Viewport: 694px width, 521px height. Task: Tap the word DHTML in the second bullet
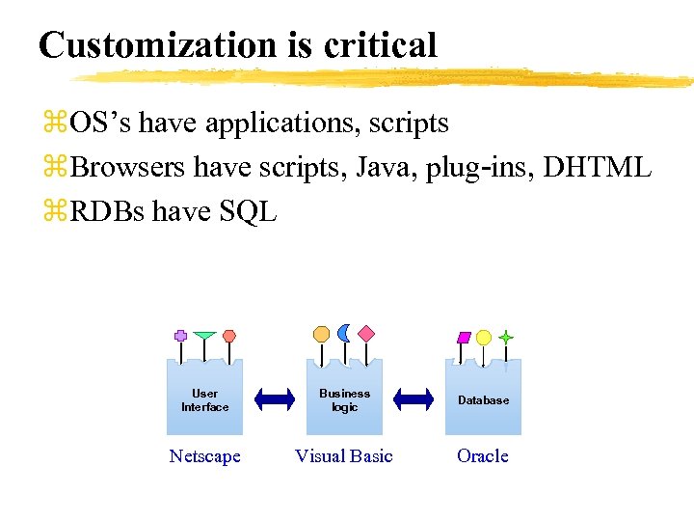click(598, 168)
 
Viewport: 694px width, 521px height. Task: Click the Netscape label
click(204, 456)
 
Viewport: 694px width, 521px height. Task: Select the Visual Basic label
click(344, 456)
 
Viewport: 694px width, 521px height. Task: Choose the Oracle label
click(483, 456)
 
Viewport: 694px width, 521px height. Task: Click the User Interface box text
click(204, 399)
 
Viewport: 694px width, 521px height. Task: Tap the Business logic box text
click(344, 399)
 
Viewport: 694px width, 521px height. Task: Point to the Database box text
click(483, 399)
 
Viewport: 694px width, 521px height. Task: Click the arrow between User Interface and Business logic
click(275, 398)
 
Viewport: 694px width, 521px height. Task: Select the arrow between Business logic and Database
click(414, 398)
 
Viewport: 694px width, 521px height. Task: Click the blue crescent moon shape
click(344, 333)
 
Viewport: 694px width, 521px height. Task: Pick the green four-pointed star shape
click(505, 338)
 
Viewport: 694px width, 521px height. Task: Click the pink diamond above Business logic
click(366, 333)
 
